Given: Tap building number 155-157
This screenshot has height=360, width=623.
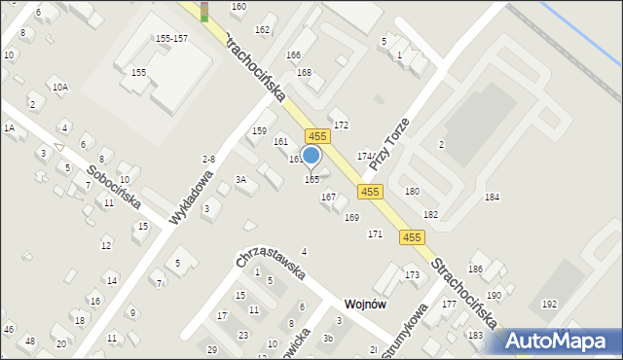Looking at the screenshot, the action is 171,38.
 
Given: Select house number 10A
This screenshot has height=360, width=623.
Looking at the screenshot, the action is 60,88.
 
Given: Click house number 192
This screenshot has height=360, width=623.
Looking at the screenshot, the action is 550,304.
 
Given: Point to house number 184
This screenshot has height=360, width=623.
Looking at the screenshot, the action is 493,197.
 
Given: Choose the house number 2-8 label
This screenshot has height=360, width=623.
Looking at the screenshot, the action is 208,159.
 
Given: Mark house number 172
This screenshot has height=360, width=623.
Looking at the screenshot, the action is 341,126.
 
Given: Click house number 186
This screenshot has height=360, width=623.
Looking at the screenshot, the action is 476,269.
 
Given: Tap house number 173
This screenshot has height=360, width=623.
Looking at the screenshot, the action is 413,275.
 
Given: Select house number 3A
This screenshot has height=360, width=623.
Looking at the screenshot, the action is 240,180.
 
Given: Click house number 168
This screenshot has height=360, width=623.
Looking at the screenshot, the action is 305,74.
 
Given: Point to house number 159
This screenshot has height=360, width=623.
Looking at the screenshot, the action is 259,130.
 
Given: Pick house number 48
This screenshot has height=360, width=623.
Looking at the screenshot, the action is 30,341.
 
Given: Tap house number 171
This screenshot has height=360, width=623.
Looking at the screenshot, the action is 375,234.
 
